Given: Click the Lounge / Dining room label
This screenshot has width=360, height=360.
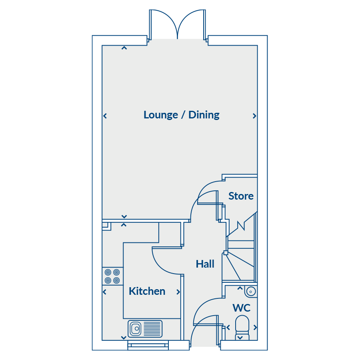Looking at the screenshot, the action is click(181, 115).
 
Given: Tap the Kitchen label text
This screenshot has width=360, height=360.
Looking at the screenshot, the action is click(147, 291).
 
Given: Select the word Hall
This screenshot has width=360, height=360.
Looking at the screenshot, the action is click(205, 264).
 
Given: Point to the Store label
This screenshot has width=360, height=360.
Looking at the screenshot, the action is click(241, 196).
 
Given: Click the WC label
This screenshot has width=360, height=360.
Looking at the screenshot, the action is click(242, 308).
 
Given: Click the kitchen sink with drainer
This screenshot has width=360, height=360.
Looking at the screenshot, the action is click(145, 329).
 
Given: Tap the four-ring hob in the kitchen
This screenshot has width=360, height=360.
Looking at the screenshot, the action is click(112, 276).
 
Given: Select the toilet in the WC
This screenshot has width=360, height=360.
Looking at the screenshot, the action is click(242, 327).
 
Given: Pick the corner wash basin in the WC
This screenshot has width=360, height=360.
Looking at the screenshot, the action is click(251, 291).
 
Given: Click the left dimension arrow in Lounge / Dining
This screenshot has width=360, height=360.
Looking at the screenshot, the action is click(105, 116).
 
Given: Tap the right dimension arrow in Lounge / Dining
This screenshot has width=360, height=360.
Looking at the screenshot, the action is click(254, 116).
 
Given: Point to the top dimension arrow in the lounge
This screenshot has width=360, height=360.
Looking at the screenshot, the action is click(124, 48).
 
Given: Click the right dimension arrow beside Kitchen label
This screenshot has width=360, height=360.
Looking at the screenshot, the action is click(178, 292).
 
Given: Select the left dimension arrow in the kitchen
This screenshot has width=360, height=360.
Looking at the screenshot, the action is click(105, 292).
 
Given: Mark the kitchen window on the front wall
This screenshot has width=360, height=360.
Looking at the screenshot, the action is click(148, 345).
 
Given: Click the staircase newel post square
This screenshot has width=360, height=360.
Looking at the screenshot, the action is click(226, 253).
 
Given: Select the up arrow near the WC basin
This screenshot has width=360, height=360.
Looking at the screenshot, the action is click(240, 288).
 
